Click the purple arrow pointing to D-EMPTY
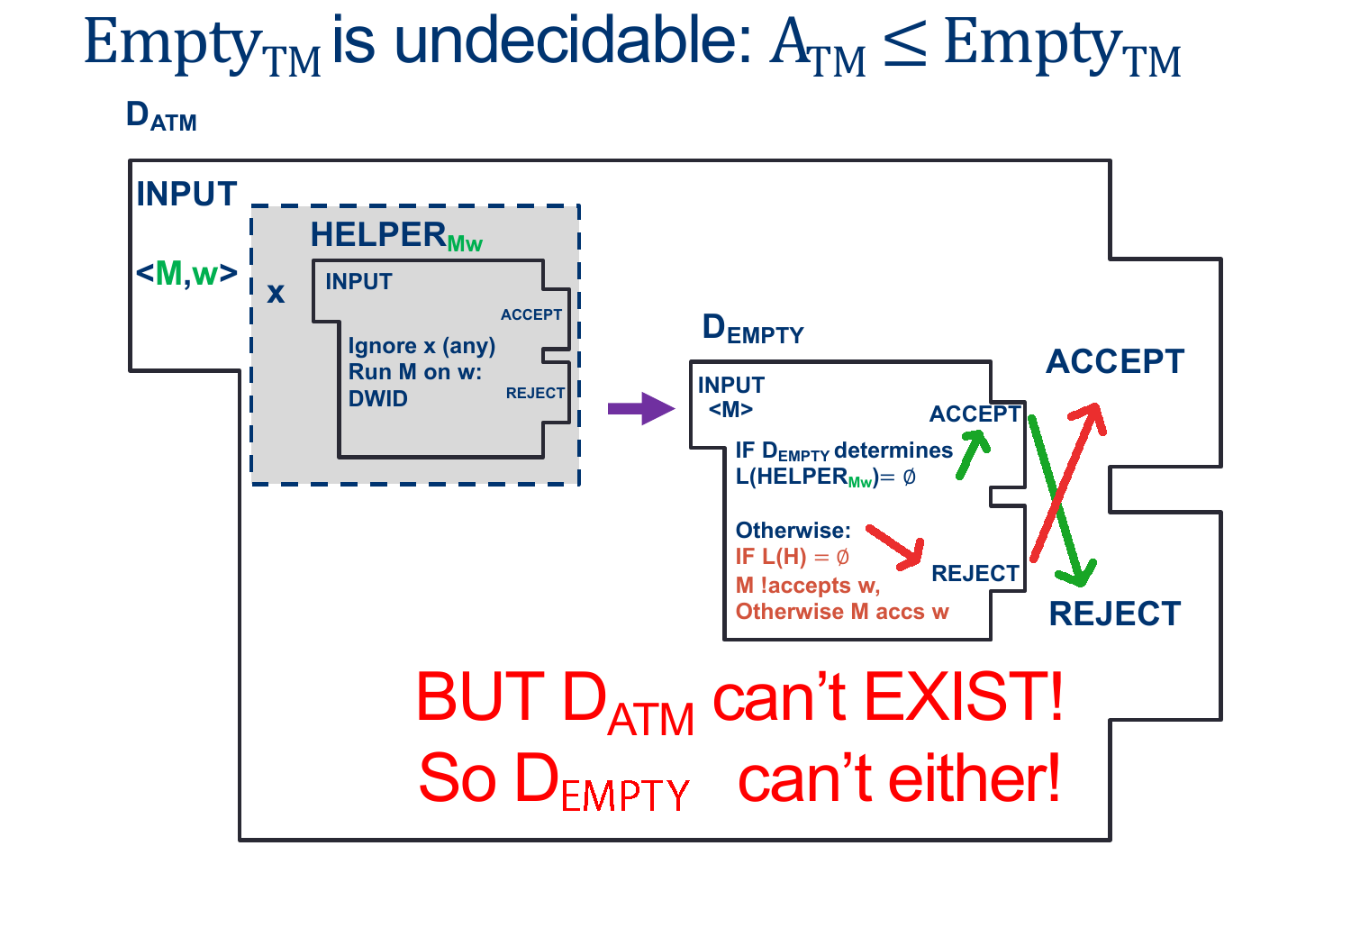[x=640, y=408]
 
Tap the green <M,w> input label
[x=186, y=273]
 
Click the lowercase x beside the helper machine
[x=276, y=293]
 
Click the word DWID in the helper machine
[x=378, y=398]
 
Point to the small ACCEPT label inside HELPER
[x=531, y=314]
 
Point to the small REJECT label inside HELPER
[x=535, y=393]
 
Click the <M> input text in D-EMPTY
[x=730, y=409]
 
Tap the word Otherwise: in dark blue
[x=793, y=530]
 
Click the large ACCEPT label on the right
[x=1115, y=361]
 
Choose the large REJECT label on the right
[x=1115, y=614]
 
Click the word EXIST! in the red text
[x=963, y=696]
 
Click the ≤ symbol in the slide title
[x=904, y=45]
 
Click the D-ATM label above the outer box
[x=161, y=116]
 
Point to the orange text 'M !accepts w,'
[x=807, y=585]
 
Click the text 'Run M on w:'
[x=415, y=372]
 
